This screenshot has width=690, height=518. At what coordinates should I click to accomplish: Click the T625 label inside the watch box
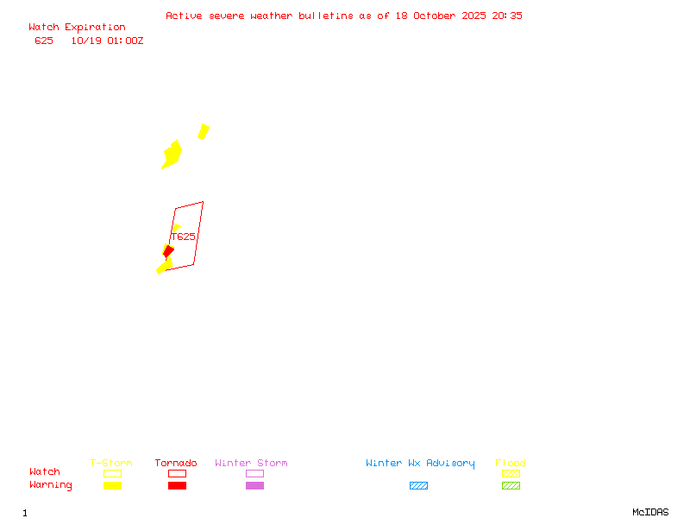183,237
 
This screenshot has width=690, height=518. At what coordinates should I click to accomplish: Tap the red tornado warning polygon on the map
168,251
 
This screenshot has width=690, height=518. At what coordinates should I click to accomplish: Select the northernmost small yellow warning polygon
204,131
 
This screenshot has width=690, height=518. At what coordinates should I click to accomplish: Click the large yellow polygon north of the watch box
172,155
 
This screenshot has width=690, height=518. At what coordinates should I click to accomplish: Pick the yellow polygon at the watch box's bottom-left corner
164,266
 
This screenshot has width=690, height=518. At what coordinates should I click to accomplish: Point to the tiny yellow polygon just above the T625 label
176,228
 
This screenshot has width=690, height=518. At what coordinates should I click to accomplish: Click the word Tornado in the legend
176,464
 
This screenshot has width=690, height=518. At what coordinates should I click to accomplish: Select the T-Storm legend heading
111,464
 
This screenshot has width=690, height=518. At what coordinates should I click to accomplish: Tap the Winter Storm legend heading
251,464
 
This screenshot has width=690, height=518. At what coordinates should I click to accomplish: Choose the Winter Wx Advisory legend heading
420,464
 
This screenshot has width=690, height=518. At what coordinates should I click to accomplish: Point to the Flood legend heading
511,464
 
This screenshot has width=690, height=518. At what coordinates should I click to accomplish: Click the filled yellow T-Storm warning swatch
112,486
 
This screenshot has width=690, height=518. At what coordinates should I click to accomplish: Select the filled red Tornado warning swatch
177,486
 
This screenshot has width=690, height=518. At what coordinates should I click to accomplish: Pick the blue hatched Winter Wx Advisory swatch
418,486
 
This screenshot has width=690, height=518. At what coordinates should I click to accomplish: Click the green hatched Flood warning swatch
511,486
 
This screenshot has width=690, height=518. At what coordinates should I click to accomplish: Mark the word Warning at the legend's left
51,485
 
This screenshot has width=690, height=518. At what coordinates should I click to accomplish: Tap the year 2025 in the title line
470,16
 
